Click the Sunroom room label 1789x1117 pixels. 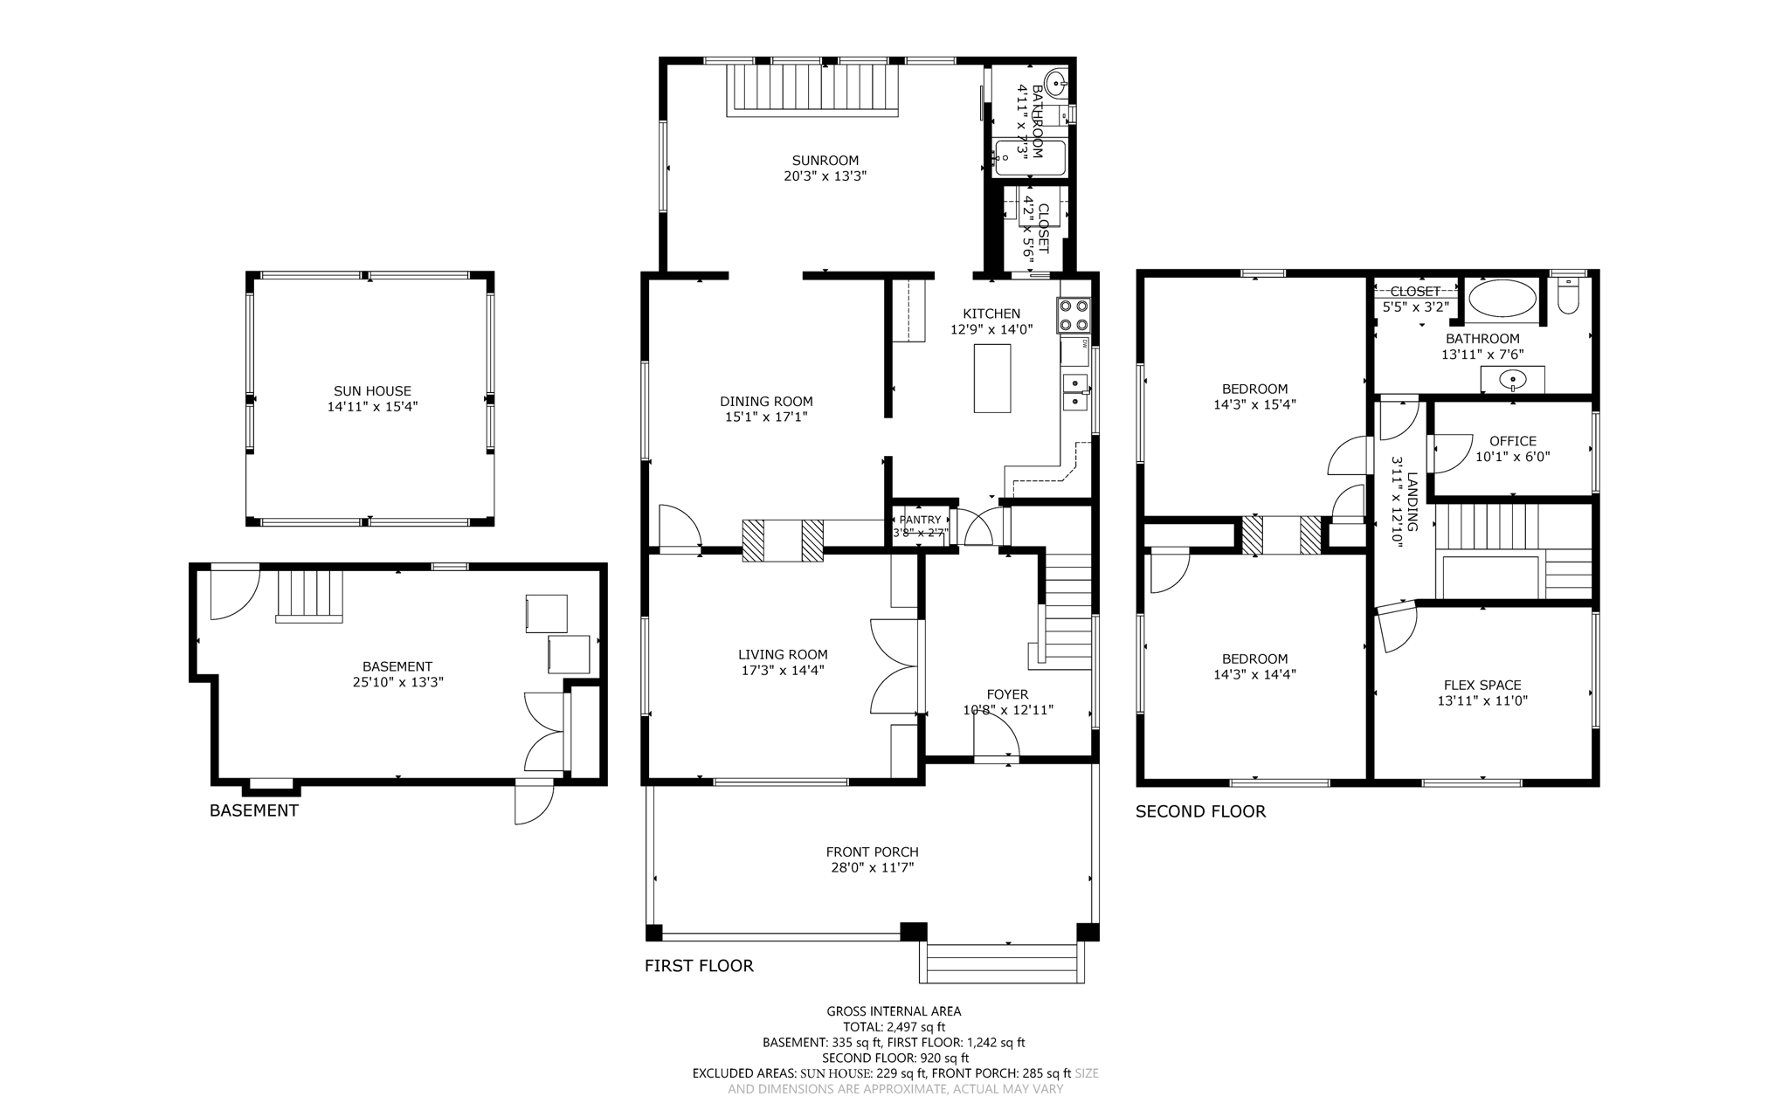click(825, 161)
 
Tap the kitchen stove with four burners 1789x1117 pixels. click(1074, 315)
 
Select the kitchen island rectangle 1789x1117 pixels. click(992, 378)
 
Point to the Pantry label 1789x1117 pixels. click(920, 520)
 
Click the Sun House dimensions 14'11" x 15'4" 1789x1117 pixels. click(372, 407)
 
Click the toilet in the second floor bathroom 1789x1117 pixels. click(1568, 297)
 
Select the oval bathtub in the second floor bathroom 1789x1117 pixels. click(1502, 299)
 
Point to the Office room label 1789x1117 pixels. click(1512, 441)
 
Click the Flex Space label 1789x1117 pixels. click(1482, 686)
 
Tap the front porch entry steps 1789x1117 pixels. click(1001, 963)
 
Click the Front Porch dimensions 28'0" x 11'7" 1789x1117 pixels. click(872, 868)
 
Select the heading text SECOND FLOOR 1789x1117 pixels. click(1199, 811)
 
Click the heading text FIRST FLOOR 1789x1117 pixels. click(698, 966)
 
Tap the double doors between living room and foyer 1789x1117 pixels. click(894, 667)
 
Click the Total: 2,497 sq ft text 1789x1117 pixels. click(893, 1027)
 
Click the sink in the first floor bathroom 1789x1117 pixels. click(1056, 86)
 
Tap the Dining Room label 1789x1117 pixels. click(765, 402)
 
